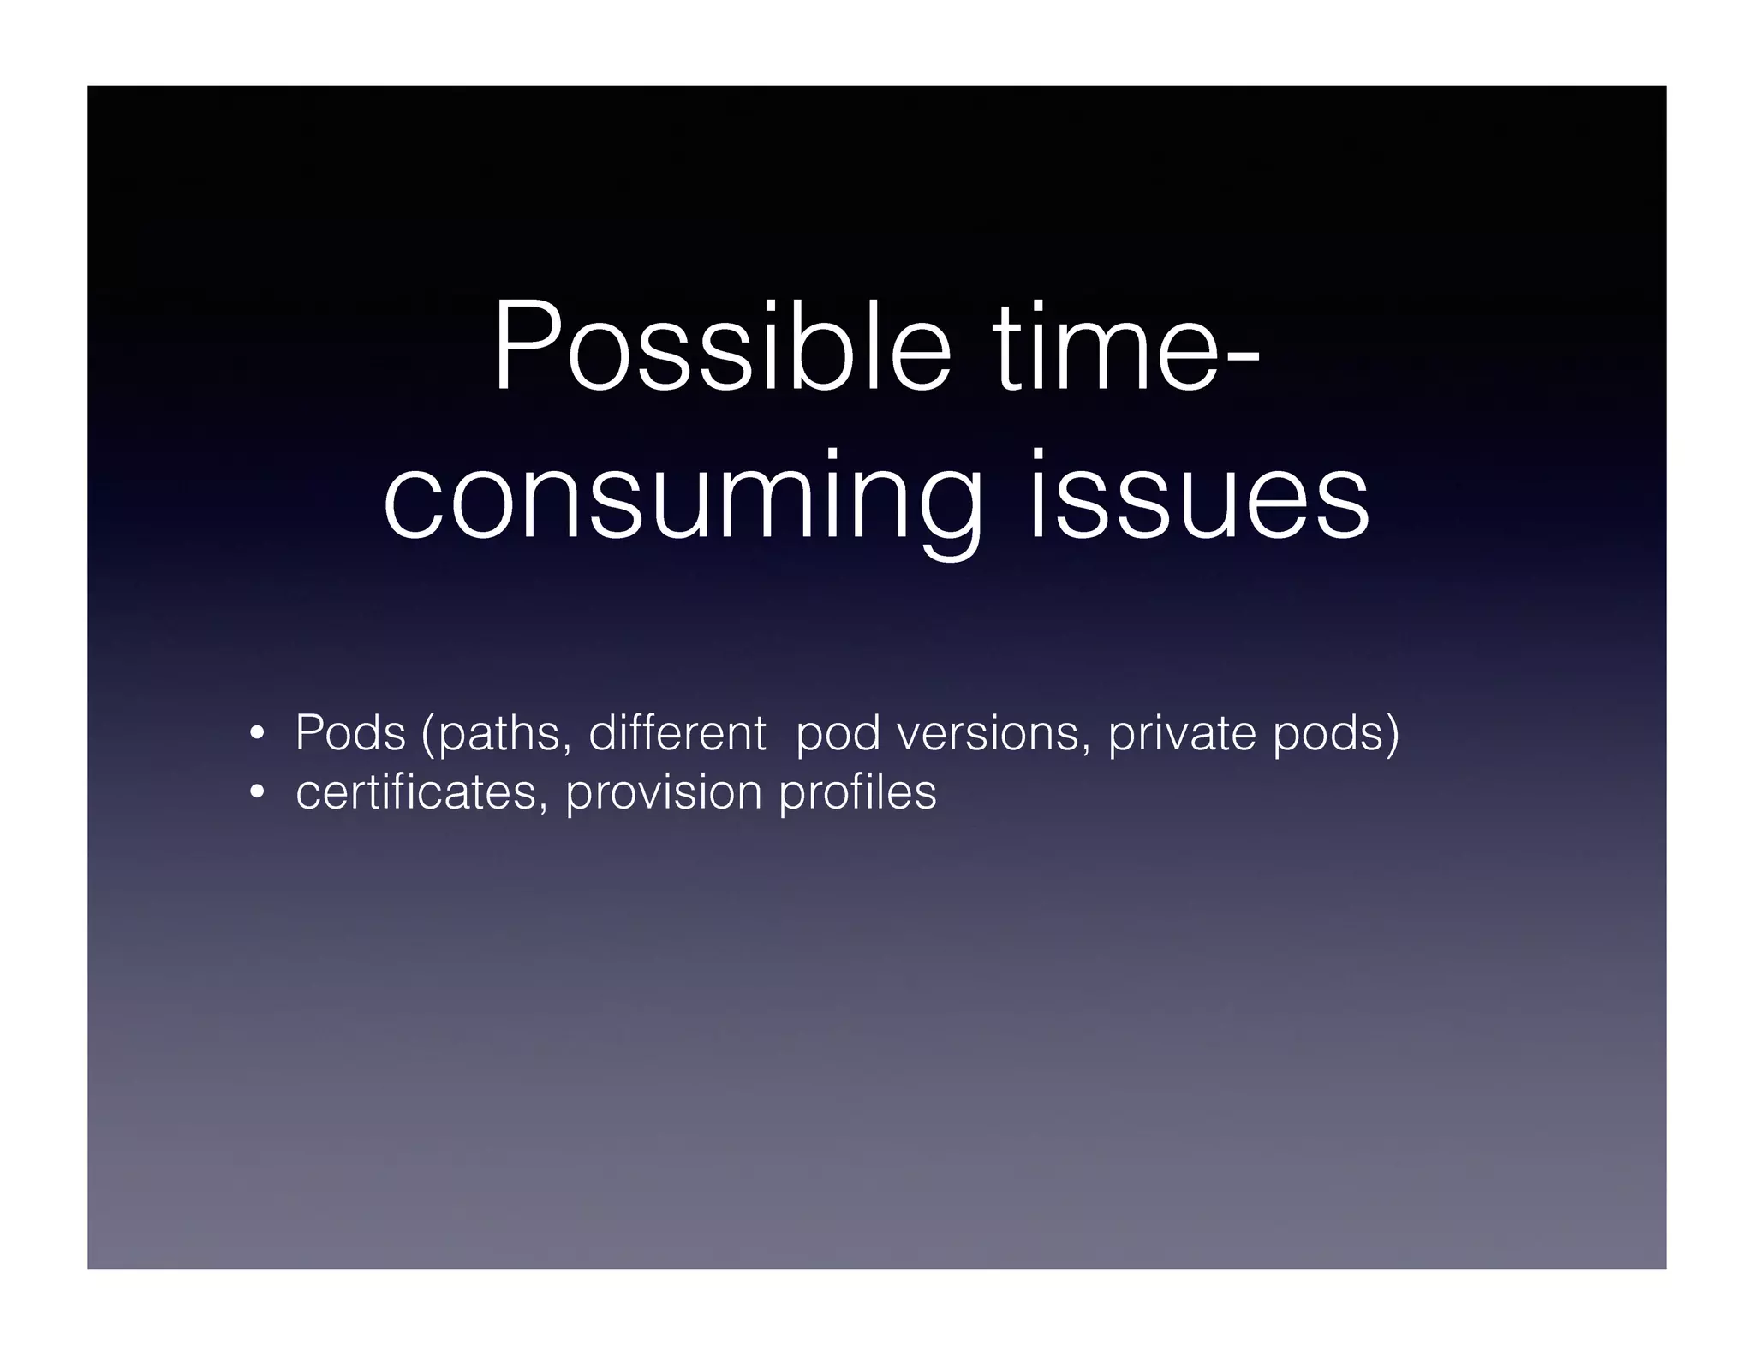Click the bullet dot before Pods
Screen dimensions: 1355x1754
click(255, 734)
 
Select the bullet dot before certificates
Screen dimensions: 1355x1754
click(255, 793)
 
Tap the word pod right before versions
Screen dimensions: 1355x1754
click(838, 734)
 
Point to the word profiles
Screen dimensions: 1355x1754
click(857, 792)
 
